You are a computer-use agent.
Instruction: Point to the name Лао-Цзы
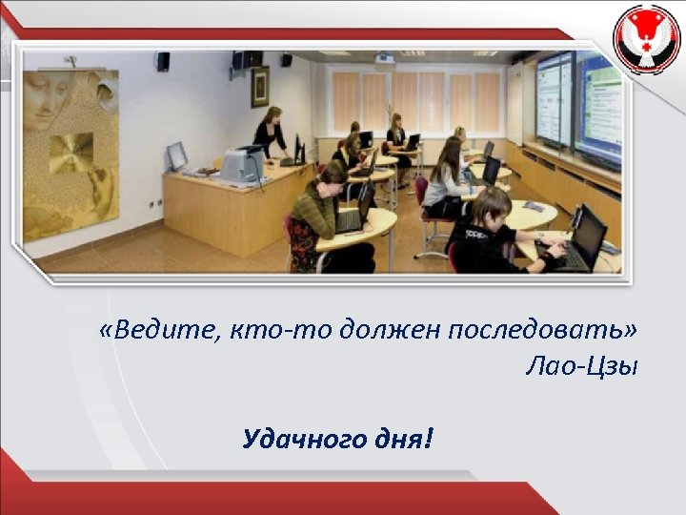coord(580,366)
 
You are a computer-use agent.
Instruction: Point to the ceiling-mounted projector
coord(385,58)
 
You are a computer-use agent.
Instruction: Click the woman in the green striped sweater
coord(316,215)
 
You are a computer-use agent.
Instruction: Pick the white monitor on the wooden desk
coord(176,155)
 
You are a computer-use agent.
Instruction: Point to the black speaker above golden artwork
coord(163,61)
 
